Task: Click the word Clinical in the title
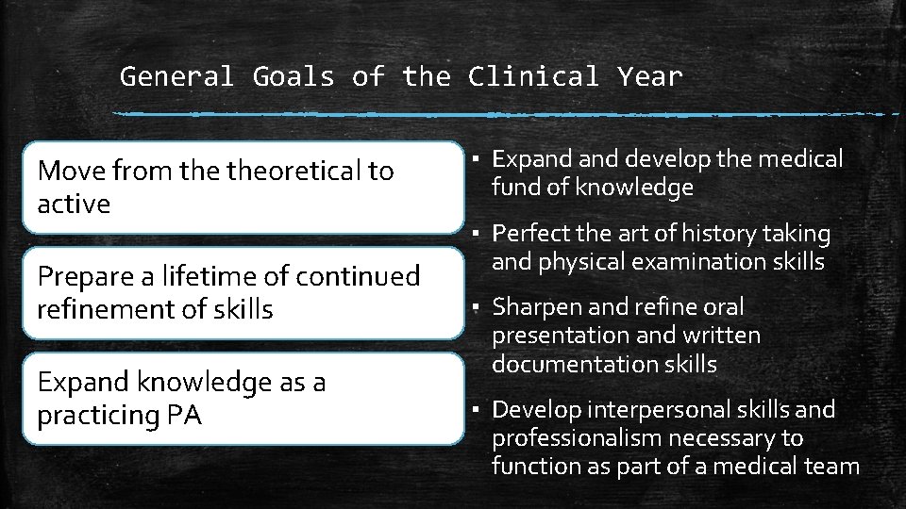coord(533,76)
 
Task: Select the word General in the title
coord(176,76)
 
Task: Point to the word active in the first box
coord(74,204)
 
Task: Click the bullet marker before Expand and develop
coord(478,160)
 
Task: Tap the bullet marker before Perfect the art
coord(478,234)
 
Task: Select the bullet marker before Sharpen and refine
coord(478,307)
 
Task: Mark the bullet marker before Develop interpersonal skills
coord(478,410)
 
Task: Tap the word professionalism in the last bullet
coord(574,437)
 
